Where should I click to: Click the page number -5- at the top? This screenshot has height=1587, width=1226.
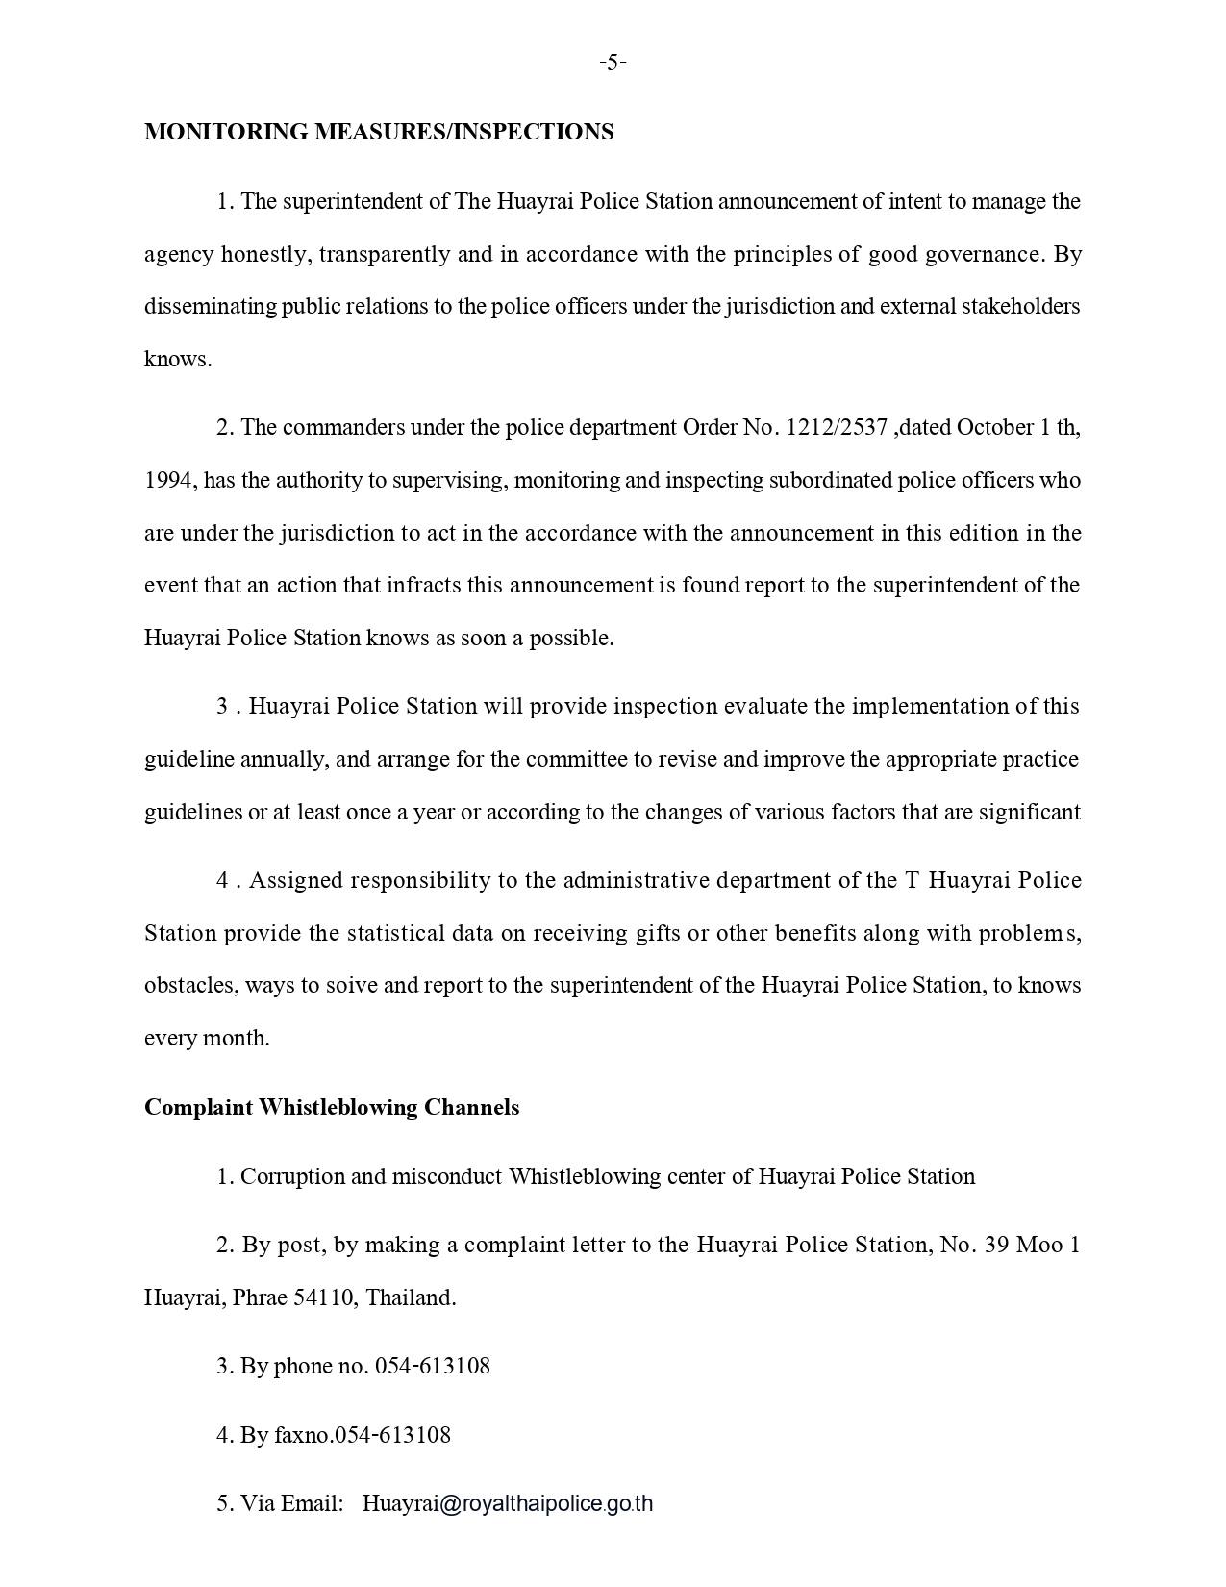613,63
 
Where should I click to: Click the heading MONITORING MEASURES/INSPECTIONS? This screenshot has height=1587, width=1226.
379,132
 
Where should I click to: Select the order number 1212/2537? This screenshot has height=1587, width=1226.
837,428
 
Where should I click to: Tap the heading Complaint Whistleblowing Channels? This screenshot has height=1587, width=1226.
332,1108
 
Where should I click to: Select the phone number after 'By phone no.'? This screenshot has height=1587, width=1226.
433,1367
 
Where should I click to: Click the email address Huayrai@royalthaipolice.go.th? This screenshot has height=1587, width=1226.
508,1504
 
